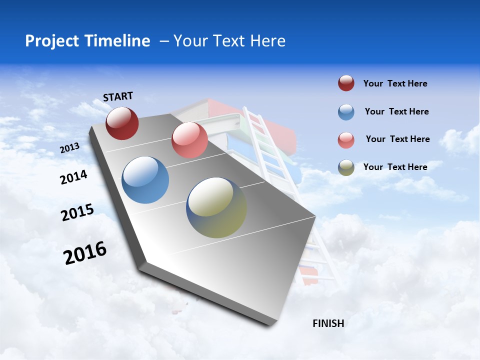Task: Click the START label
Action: coord(118,96)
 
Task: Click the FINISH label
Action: coord(328,323)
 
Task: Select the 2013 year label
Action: coord(69,147)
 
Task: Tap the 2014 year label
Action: coord(73,177)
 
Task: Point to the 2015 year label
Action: coord(77,212)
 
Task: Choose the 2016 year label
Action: coord(85,252)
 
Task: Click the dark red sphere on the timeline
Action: coord(122,123)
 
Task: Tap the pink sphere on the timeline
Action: coord(189,140)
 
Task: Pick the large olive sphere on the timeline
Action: coord(216,207)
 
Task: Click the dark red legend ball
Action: coord(346,83)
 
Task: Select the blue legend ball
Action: coord(346,112)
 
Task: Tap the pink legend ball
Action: coord(346,140)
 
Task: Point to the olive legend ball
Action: coord(346,167)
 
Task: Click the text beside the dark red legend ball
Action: coord(395,83)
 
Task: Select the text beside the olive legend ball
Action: coord(395,167)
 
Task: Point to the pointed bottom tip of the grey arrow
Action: coord(272,325)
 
